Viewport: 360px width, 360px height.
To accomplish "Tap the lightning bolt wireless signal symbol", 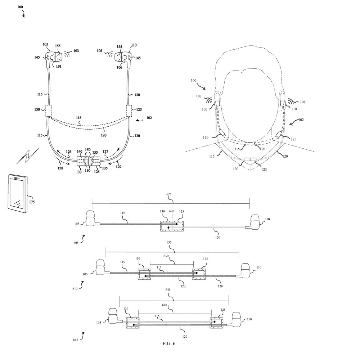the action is click(28, 156).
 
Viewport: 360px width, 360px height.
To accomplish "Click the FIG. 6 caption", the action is click(169, 343).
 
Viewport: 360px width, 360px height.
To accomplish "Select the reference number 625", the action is click(169, 194).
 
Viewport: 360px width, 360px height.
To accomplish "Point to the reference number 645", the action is click(168, 290).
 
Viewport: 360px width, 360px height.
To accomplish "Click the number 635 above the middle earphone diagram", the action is click(169, 242).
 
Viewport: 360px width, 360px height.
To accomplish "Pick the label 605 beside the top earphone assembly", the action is click(76, 243).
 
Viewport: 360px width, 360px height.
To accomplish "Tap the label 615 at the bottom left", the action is click(76, 340).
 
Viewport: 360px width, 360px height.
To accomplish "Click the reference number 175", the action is click(32, 202).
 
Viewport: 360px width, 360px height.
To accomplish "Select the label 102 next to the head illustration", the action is click(301, 120).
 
